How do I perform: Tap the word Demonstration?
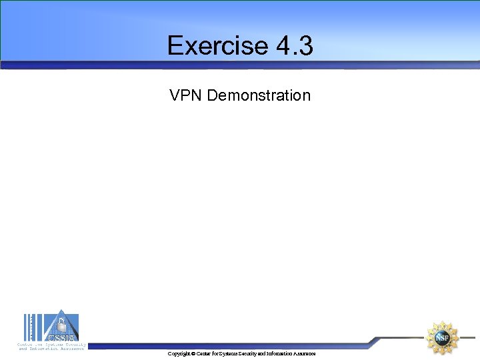tap(259, 95)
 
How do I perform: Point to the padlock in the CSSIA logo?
tap(61, 325)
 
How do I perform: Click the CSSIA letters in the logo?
tap(61, 336)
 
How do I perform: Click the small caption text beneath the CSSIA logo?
tap(51, 346)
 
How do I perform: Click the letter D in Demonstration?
tap(212, 95)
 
